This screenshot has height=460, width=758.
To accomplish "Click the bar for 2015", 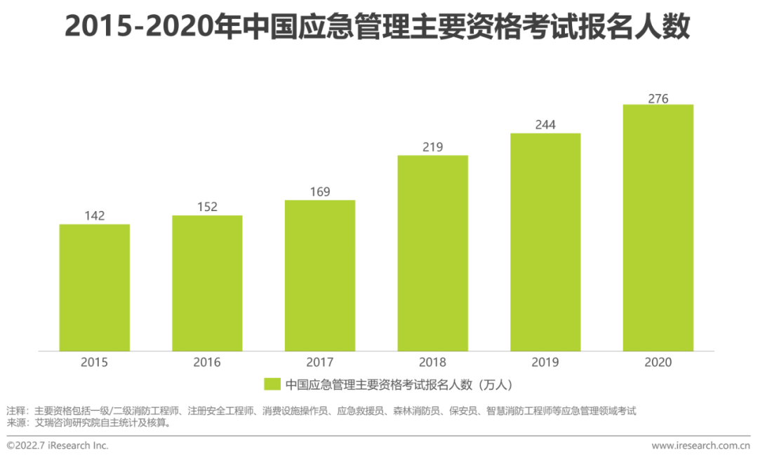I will (x=94, y=287).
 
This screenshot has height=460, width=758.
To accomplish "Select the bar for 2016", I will (x=207, y=283).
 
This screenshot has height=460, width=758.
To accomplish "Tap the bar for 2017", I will (x=320, y=276).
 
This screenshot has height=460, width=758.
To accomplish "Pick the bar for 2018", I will (x=432, y=253).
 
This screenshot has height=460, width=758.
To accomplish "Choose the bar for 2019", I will (x=545, y=242).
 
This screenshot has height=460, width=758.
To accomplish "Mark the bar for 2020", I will (x=658, y=228).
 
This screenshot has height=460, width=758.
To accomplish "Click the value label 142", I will (x=94, y=216).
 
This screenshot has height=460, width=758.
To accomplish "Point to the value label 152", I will (x=207, y=207).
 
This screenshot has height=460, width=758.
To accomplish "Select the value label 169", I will (x=320, y=191).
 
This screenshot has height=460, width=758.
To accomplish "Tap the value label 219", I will (x=432, y=147).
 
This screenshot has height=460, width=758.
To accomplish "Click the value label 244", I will (x=545, y=124).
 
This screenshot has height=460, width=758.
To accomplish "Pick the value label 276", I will (x=658, y=98).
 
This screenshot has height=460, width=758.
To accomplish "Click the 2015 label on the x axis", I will (x=94, y=363).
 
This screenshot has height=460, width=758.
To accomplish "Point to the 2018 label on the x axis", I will (x=432, y=363).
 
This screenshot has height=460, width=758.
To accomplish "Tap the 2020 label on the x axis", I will (x=658, y=363).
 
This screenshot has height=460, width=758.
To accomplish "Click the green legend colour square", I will (x=272, y=384).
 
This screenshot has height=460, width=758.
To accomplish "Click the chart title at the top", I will (x=378, y=27).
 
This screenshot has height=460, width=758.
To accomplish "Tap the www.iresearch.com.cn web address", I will (x=700, y=445).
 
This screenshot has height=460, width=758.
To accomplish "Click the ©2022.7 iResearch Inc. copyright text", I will (x=58, y=445).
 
